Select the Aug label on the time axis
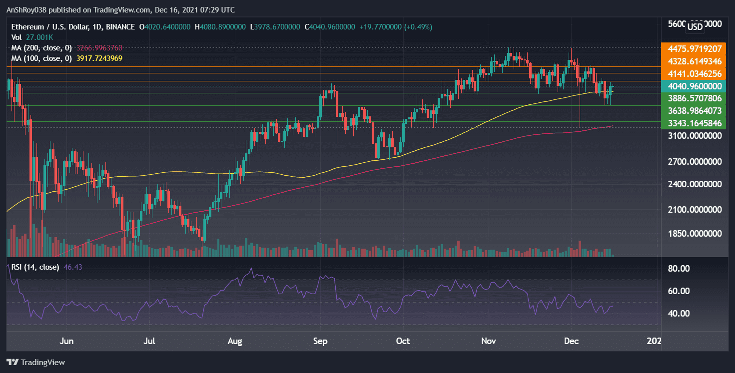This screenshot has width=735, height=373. pos(234,341)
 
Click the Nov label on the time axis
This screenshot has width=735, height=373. pos(489,341)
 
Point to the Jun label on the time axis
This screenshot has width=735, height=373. pos(66,341)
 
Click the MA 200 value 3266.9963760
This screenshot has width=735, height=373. pos(98,48)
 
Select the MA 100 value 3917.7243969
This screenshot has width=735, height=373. pos(98,58)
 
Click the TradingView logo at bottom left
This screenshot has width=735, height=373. pos(35,362)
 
